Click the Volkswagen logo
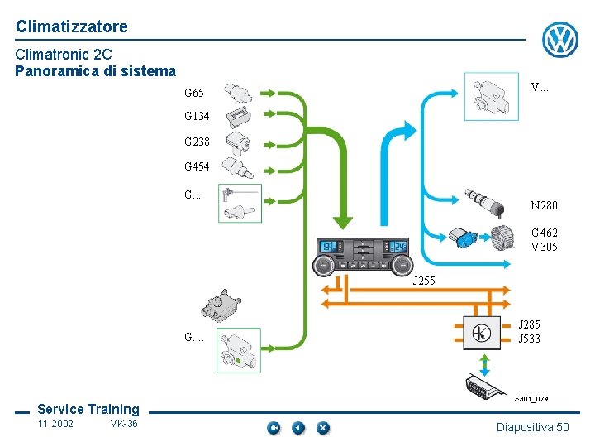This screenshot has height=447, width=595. point(559,39)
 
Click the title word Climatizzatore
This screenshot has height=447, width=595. point(72,26)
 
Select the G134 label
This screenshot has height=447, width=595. point(198,116)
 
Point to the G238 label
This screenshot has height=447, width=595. point(198,142)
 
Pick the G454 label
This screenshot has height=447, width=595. point(198,166)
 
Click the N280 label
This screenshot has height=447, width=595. point(544,205)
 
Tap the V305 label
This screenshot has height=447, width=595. point(544,246)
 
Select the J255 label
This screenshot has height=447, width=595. point(423,281)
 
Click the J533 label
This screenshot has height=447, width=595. point(529,338)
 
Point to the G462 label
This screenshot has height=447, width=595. point(544,233)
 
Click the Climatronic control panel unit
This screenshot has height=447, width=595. point(364,255)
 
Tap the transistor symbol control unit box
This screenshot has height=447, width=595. point(482,333)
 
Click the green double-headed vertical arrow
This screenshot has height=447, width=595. point(485,363)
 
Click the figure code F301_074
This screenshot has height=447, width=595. point(531,399)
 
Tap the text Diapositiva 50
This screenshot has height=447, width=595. point(532,427)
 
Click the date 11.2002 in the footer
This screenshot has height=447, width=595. point(55,424)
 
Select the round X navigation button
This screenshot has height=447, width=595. point(323,428)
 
